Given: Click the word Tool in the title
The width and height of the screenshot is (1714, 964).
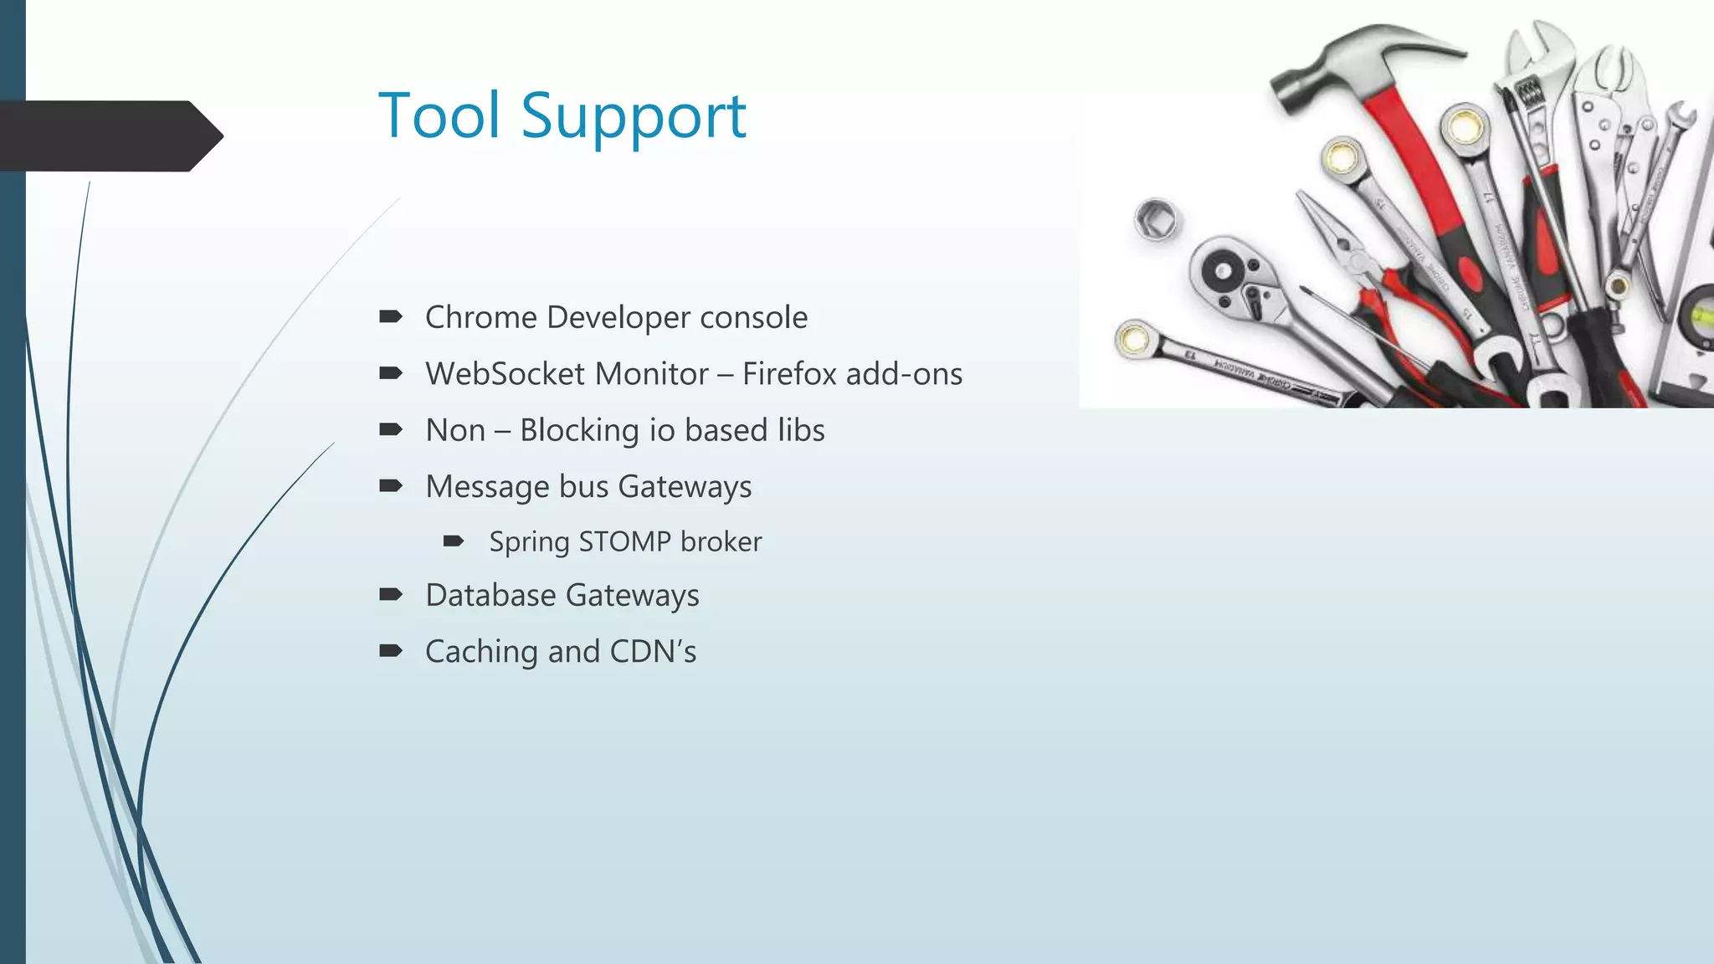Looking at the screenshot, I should click(x=439, y=115).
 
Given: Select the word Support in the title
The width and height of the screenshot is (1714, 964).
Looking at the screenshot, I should click(x=633, y=117).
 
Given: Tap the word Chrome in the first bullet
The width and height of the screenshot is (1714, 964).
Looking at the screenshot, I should click(x=480, y=318).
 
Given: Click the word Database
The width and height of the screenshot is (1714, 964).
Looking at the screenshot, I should click(x=490, y=596).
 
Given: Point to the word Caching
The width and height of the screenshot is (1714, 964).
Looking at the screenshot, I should click(x=482, y=652).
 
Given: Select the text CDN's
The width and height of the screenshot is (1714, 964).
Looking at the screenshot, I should click(x=653, y=652).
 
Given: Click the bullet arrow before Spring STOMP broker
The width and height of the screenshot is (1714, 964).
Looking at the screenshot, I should click(x=454, y=542).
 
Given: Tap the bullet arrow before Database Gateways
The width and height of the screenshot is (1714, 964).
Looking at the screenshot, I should click(x=391, y=595).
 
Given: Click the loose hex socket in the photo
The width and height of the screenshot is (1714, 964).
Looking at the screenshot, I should click(x=1156, y=220).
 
